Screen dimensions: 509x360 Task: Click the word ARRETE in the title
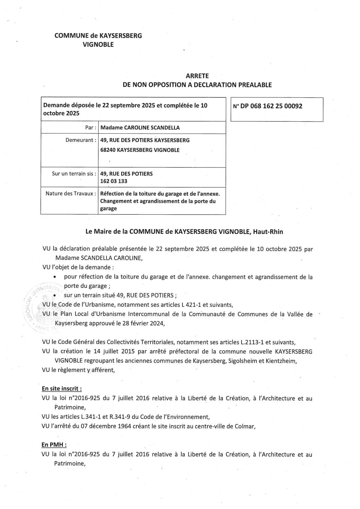coord(197,76)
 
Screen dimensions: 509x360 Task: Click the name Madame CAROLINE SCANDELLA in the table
coord(140,128)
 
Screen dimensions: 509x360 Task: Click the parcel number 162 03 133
coord(114,181)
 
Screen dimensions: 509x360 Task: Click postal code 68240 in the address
coord(108,150)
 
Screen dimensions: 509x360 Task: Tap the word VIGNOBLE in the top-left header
coord(98,44)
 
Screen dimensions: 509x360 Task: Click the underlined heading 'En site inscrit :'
coord(62,389)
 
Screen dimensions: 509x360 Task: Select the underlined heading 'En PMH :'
coord(54,445)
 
